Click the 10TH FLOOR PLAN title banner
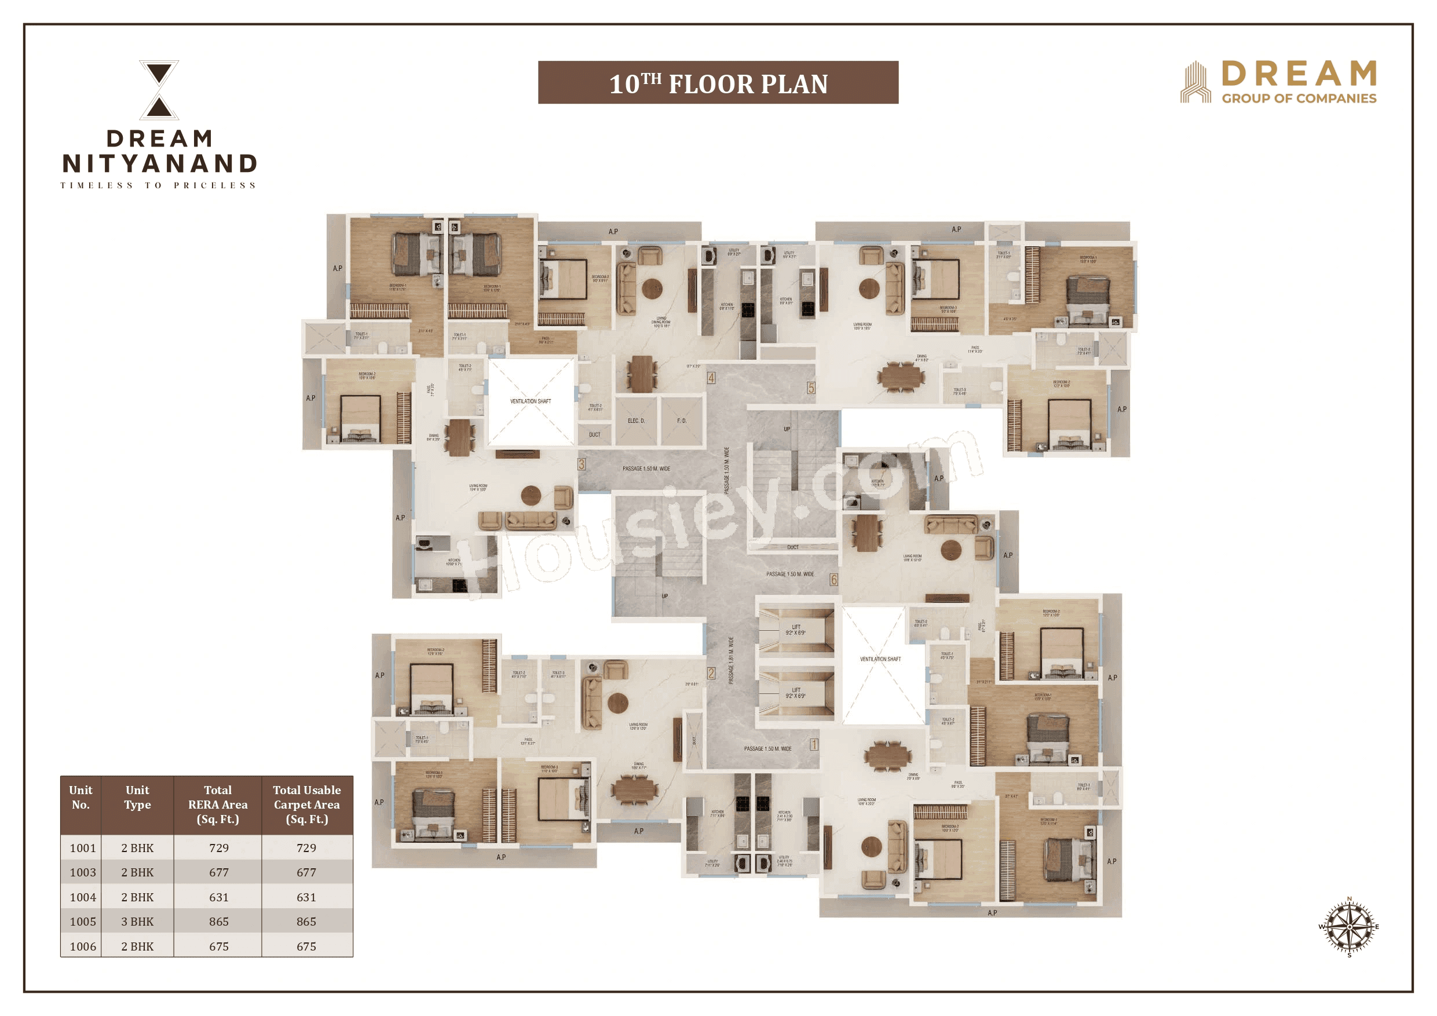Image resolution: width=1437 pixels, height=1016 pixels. (718, 83)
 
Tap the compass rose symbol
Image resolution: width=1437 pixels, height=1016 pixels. (1349, 926)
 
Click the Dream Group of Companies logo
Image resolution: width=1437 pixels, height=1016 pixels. (1278, 82)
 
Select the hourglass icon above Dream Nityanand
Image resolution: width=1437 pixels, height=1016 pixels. (159, 90)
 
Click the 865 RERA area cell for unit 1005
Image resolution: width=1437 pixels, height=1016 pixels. (218, 922)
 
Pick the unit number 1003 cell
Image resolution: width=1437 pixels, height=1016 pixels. (83, 872)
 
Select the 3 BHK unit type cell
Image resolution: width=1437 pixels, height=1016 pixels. (137, 922)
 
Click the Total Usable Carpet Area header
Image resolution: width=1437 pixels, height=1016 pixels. (306, 805)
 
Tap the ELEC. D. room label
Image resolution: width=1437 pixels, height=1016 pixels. (636, 421)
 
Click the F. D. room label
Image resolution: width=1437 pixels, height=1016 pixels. (682, 421)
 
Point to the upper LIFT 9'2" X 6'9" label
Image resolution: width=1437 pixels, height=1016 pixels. (795, 630)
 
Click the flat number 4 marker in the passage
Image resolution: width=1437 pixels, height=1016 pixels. (711, 378)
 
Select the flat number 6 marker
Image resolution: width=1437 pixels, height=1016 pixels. (833, 580)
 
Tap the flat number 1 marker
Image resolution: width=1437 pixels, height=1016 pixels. (814, 744)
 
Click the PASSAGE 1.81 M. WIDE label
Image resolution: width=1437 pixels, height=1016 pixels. (731, 660)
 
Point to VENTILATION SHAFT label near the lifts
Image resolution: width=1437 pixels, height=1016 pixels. (880, 659)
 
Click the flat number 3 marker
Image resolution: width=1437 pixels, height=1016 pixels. (582, 464)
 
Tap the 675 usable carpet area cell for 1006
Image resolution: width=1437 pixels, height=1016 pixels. (306, 946)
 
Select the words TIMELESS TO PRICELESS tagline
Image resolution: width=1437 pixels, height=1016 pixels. (158, 185)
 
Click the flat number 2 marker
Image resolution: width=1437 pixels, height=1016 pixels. (711, 674)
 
